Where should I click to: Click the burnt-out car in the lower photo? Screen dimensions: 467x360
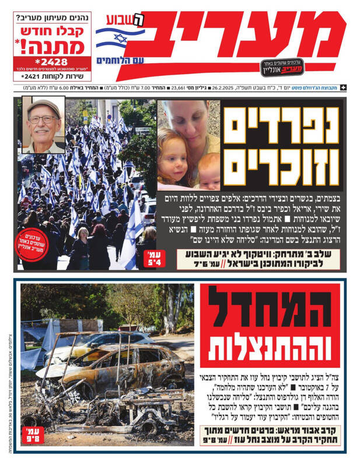[111, 374]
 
